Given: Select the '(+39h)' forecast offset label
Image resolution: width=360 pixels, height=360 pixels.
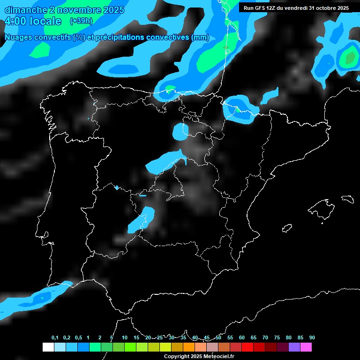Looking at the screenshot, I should pyautogui.click(x=81, y=21).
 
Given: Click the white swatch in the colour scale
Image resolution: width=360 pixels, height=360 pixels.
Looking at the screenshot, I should pyautogui.click(x=48, y=347).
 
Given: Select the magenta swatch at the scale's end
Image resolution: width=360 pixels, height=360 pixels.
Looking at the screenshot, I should pyautogui.click(x=306, y=347).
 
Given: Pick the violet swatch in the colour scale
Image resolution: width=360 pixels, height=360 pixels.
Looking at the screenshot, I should pyautogui.click(x=294, y=347).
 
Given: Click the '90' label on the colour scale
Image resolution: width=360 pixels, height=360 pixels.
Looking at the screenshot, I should pyautogui.click(x=312, y=337).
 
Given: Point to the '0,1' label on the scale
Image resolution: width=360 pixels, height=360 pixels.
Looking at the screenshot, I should pyautogui.click(x=55, y=337).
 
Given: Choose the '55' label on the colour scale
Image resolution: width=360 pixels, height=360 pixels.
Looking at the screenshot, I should pyautogui.click(x=230, y=337).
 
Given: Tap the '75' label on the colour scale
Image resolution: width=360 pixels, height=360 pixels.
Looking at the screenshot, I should pyautogui.click(x=277, y=337).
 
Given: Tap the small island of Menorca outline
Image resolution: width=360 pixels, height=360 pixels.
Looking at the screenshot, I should pyautogui.click(x=347, y=199).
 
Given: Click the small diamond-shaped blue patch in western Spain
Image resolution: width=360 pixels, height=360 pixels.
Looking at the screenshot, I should pyautogui.click(x=117, y=187).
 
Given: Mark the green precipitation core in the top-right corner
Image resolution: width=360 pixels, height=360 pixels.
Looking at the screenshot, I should pyautogui.click(x=349, y=58).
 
